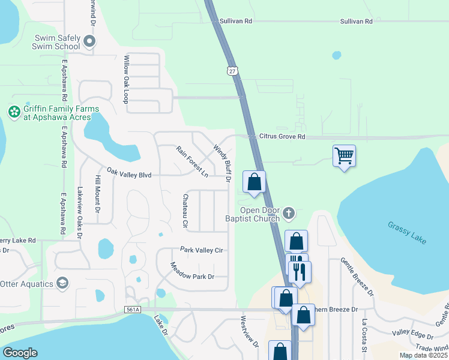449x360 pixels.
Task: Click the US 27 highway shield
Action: tap(232, 71)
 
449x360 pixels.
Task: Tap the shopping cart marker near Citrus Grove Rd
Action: tap(344, 156)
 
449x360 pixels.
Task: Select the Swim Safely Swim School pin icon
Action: tap(90, 41)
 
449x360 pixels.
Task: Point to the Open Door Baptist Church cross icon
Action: tap(289, 212)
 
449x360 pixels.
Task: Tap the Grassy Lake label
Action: tap(406, 232)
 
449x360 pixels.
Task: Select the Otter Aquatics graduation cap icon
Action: tap(62, 283)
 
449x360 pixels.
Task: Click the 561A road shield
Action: tap(133, 310)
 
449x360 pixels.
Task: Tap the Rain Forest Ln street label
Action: tap(191, 161)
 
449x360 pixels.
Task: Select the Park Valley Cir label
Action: tap(202, 250)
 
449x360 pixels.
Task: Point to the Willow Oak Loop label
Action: tap(126, 80)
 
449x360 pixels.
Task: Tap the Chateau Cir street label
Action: tap(185, 211)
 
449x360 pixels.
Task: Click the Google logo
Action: tap(20, 353)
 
